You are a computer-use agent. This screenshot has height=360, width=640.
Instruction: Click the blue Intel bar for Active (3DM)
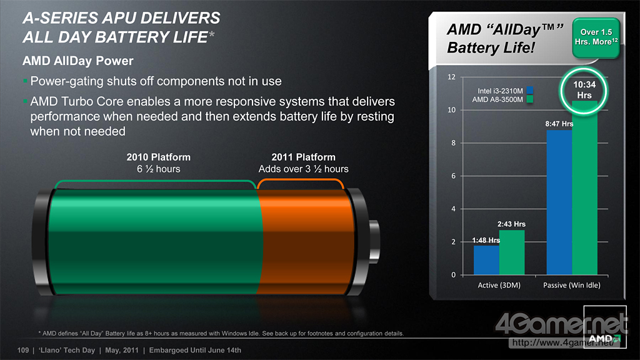[486, 259]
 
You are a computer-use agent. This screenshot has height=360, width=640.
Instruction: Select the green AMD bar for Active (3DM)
[512, 252]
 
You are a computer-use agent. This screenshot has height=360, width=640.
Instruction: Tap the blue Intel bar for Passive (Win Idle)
[559, 202]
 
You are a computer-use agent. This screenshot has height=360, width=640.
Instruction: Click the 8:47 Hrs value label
[559, 124]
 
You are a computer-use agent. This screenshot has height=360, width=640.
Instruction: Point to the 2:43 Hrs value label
[511, 224]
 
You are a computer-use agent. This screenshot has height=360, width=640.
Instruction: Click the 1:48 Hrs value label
[486, 240]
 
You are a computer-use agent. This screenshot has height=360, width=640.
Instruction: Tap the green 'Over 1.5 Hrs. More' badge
[596, 37]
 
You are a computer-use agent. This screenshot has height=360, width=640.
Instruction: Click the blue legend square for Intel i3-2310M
[530, 91]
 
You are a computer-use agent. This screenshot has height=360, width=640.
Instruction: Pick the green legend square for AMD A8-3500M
[530, 99]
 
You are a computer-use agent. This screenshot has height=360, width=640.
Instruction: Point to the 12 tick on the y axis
[451, 77]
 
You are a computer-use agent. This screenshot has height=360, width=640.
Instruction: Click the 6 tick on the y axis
[454, 176]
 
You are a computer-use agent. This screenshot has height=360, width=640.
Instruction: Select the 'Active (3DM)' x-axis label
[499, 285]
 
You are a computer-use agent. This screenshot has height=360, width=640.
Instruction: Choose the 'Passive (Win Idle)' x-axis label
[572, 285]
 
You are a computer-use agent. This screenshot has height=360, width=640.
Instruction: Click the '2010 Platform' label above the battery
[158, 157]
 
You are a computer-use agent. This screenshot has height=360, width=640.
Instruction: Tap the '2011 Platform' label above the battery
[303, 157]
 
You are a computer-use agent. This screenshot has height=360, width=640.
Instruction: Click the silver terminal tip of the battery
[374, 241]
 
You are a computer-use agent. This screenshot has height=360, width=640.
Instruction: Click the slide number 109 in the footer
[23, 350]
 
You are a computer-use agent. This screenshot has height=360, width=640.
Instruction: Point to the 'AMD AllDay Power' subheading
[78, 61]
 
